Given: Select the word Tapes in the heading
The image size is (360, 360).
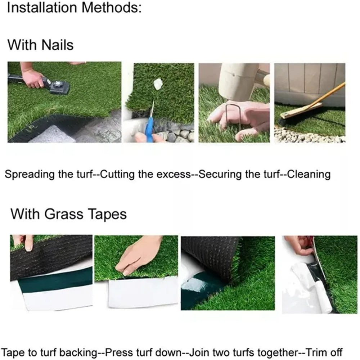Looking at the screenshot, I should (x=108, y=214).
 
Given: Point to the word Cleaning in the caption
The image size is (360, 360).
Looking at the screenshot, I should (x=310, y=175).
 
